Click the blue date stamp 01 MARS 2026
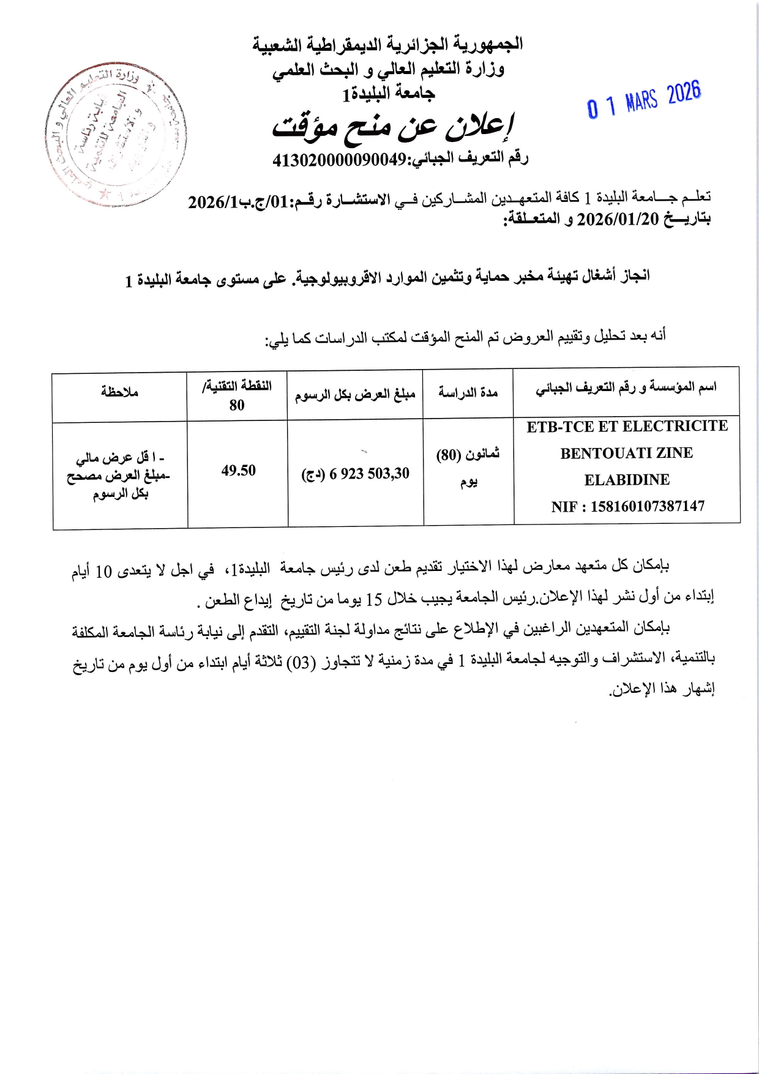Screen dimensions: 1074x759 click(x=644, y=100)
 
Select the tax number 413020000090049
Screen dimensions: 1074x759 click(x=339, y=160)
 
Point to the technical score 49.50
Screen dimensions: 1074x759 click(x=239, y=471)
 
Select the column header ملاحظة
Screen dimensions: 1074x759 click(x=120, y=392)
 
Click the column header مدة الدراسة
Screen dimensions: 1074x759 click(x=468, y=392)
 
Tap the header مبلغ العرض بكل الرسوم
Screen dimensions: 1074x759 click(x=355, y=395)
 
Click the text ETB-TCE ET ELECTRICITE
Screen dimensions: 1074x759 click(x=627, y=427)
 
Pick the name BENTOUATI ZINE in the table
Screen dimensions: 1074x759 click(x=627, y=453)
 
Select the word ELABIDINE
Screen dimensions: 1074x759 click(x=627, y=480)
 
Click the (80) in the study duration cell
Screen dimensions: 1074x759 click(x=448, y=456)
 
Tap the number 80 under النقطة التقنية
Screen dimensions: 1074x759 click(x=237, y=405)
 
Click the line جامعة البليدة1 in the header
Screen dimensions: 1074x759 click(x=388, y=94)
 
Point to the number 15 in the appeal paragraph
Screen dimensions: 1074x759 click(x=373, y=600)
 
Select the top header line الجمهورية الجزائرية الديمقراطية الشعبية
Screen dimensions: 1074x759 click(x=388, y=45)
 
